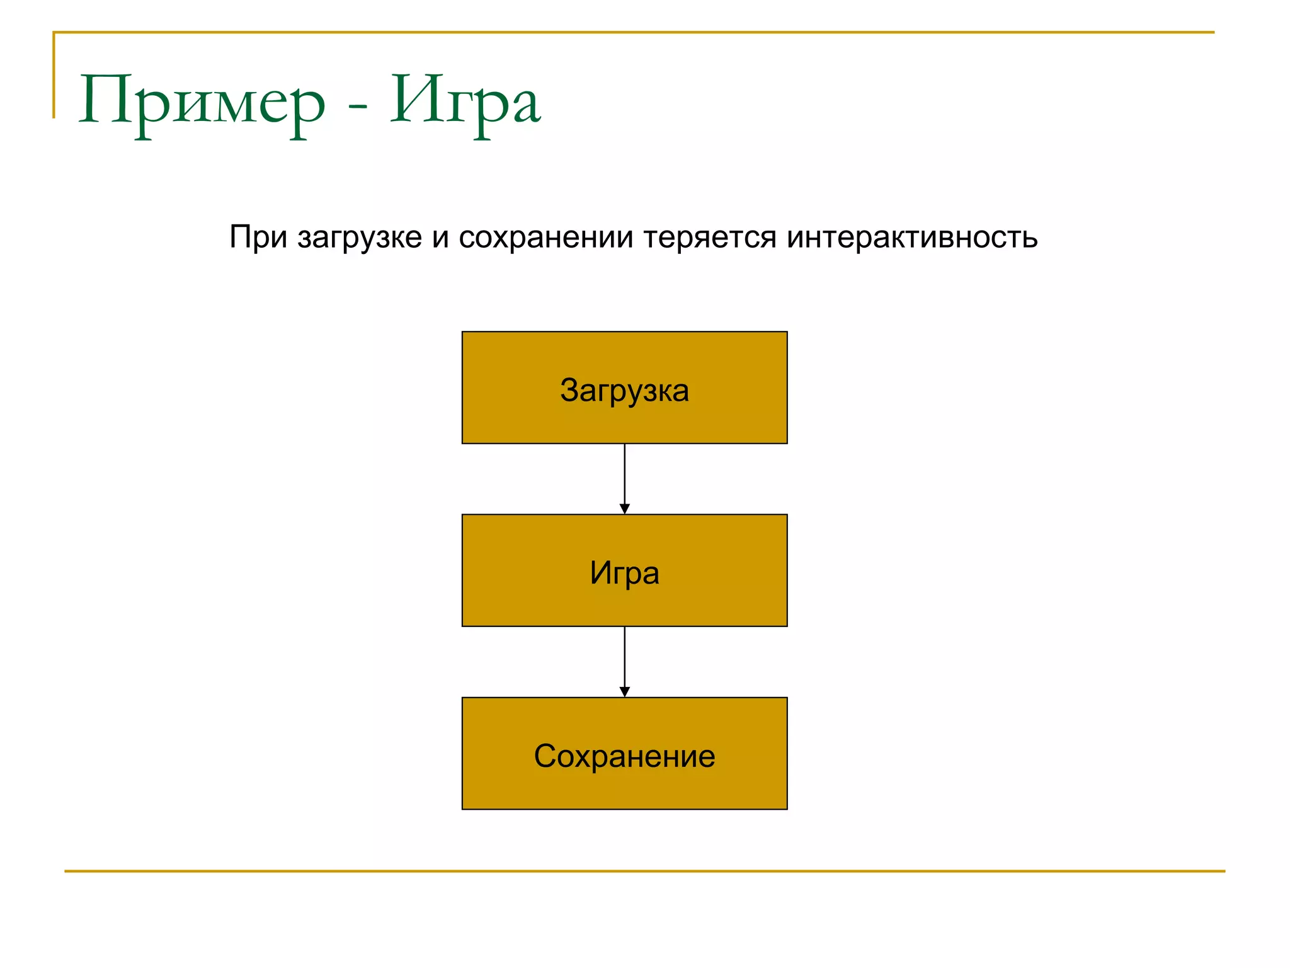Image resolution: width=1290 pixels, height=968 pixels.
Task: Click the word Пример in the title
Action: [x=202, y=101]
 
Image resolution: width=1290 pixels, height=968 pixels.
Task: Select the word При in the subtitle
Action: [x=258, y=238]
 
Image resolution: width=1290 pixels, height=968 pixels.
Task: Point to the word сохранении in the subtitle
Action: [x=545, y=238]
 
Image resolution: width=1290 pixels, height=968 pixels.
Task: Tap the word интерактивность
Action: [x=911, y=238]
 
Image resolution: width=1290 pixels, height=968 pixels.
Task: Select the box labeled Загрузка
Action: [x=624, y=388]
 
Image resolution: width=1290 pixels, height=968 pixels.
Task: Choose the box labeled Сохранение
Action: [x=624, y=753]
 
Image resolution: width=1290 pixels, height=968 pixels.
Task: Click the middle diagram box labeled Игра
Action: [x=624, y=570]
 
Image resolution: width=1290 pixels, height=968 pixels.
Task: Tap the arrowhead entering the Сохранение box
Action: [x=624, y=692]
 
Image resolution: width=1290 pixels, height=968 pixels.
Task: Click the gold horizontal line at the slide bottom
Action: [x=644, y=871]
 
